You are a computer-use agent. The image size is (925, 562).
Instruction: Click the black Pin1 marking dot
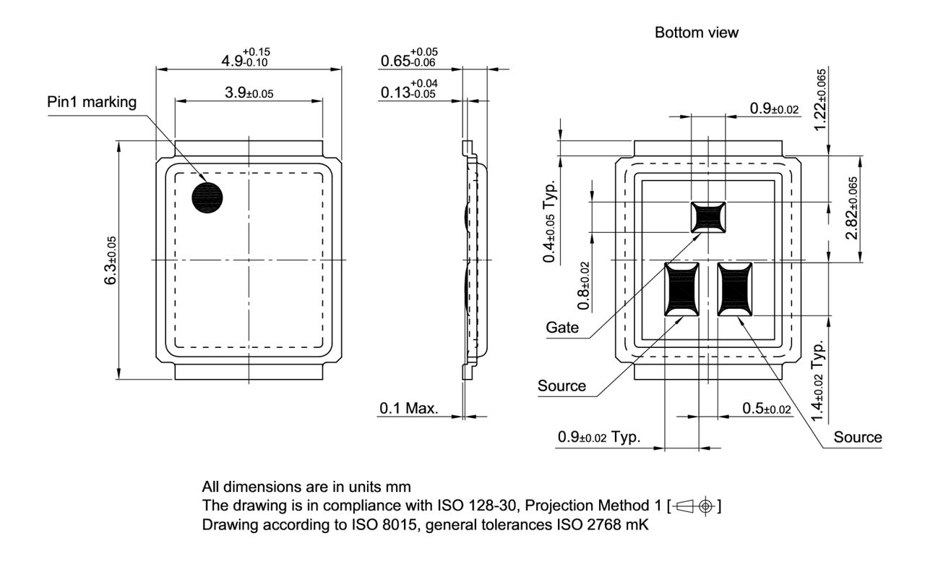point(207,197)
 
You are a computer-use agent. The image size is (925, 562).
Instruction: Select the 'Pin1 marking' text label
point(91,102)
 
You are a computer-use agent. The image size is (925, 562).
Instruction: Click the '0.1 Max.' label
point(409,409)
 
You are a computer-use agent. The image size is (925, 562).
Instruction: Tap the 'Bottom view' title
point(697,33)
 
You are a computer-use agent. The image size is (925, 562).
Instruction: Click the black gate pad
point(708,217)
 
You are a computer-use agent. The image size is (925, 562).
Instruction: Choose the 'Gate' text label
point(562,328)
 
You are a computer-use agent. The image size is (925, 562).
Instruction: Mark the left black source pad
point(681,289)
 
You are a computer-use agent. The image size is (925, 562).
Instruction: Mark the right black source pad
point(735,289)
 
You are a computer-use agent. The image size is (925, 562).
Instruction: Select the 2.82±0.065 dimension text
point(852,209)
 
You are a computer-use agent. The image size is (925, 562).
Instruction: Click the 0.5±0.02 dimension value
point(767,409)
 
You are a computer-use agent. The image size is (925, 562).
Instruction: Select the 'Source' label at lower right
point(857,438)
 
